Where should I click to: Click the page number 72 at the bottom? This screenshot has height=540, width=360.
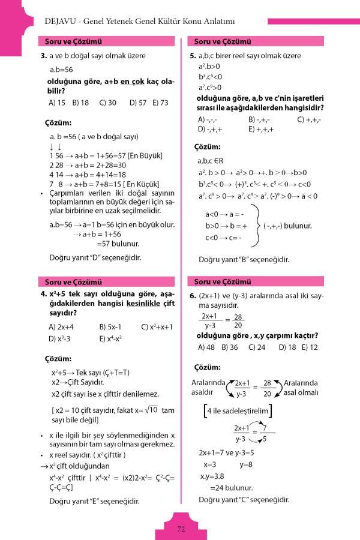coord(181,529)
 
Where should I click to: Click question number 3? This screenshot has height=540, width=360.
coord(44,56)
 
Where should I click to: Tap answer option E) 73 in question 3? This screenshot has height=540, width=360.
coord(160,103)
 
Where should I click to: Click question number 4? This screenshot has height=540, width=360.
coord(44,295)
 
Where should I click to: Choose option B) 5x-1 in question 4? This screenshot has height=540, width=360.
coord(110,327)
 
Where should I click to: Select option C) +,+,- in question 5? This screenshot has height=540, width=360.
coord(309,119)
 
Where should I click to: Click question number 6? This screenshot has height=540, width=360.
coord(193,296)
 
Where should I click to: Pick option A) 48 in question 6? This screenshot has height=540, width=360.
coord(206,347)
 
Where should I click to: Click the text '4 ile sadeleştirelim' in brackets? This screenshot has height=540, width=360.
coord(238,411)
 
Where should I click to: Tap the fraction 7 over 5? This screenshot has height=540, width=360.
coord(264,433)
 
